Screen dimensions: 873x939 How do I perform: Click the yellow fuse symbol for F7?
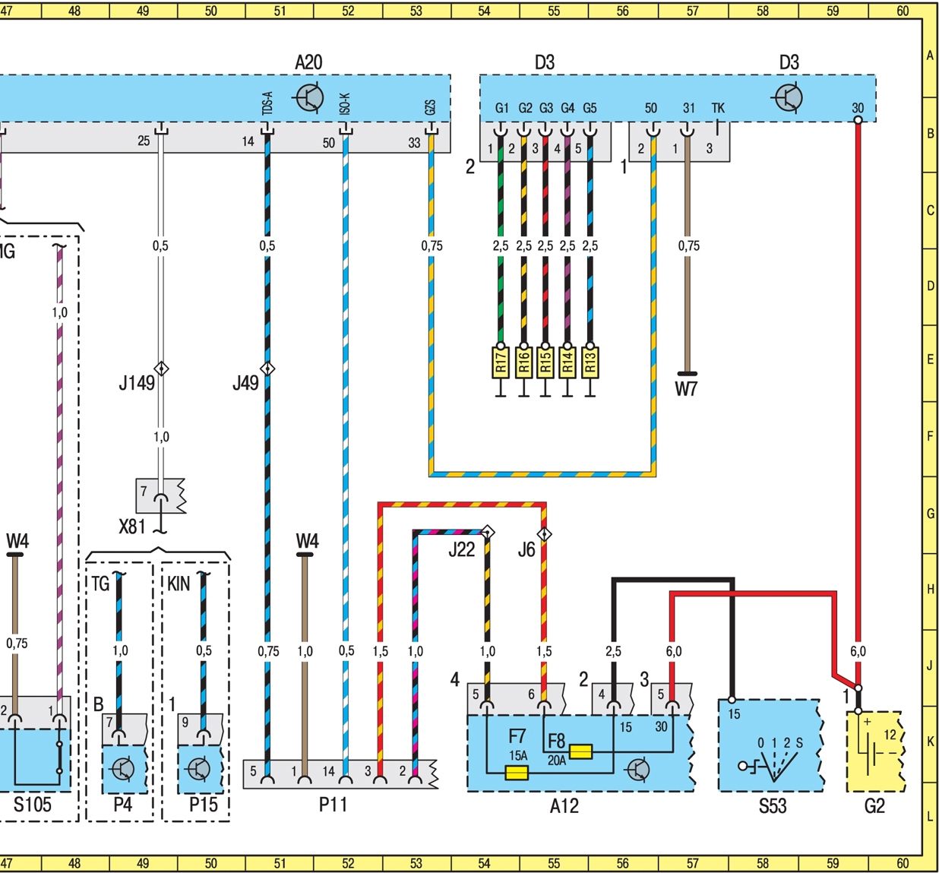pos(517,773)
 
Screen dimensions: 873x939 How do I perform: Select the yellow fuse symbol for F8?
pos(580,751)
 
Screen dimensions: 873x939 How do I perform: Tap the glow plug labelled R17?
pos(500,362)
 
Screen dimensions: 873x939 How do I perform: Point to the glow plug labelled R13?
pos(590,362)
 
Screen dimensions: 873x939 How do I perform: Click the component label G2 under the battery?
pos(874,805)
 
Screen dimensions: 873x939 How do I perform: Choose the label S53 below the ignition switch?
pos(772,805)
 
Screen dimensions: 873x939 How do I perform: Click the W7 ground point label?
pos(685,389)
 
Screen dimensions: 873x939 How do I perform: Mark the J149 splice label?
pos(136,382)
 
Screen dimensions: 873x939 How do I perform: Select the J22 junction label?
pos(461,549)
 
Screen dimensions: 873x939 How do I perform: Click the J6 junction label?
pos(526,549)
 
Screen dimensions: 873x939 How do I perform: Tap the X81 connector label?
pos(132,526)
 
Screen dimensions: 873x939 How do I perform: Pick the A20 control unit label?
pos(308,62)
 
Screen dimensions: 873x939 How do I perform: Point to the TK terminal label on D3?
pos(718,108)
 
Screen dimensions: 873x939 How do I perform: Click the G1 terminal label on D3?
pos(502,108)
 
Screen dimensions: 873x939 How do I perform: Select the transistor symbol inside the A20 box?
pos(309,98)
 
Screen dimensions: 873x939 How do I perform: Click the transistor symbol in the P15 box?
pos(199,768)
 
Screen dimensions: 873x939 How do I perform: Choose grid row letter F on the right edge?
pos(930,436)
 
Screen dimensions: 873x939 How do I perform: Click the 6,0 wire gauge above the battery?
pos(858,651)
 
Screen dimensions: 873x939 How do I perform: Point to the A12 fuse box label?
pos(564,805)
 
